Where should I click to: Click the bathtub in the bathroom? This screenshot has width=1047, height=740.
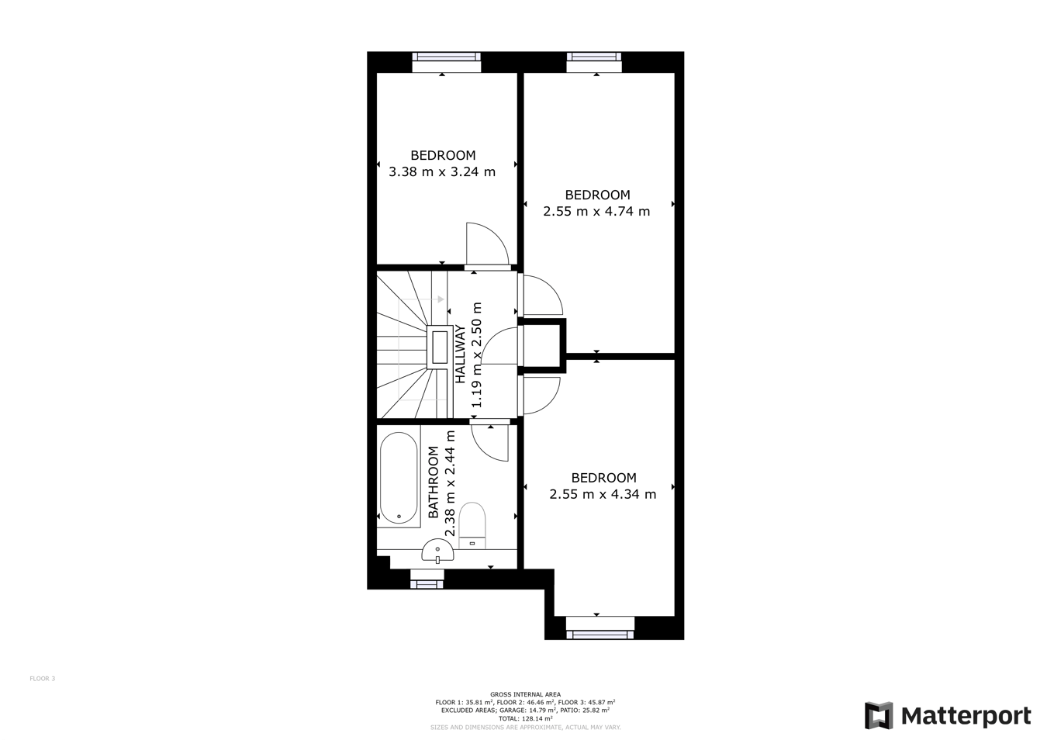399,479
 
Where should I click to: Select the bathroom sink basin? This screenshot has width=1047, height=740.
437,552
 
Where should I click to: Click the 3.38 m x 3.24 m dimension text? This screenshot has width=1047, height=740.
442,171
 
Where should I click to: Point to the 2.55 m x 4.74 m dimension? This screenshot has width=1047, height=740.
596,211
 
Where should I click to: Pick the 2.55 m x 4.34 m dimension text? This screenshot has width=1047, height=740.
603,494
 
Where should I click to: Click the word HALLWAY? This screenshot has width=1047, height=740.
460,354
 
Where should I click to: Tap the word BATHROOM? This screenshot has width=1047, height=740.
434,482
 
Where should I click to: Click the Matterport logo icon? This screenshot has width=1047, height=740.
879,715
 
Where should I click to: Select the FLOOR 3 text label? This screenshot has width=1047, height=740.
43,679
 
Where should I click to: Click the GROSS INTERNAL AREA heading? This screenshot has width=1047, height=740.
525,695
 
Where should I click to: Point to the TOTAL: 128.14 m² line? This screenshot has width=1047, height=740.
525,719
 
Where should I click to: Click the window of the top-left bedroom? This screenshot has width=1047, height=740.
446,57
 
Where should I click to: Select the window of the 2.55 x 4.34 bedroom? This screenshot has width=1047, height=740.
600,634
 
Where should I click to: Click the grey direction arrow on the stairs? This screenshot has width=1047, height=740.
439,299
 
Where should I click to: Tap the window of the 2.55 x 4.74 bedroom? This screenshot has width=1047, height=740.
594,57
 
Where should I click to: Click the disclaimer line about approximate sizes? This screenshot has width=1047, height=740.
525,728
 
